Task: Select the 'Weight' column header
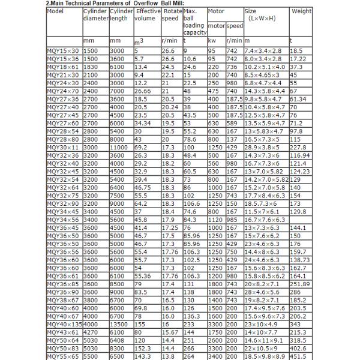click(x=301, y=11)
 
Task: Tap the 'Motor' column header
click(x=215, y=11)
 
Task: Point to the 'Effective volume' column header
click(x=147, y=15)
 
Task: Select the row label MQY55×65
click(x=62, y=356)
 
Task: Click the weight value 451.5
click(x=299, y=356)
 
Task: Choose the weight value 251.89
click(x=301, y=284)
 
